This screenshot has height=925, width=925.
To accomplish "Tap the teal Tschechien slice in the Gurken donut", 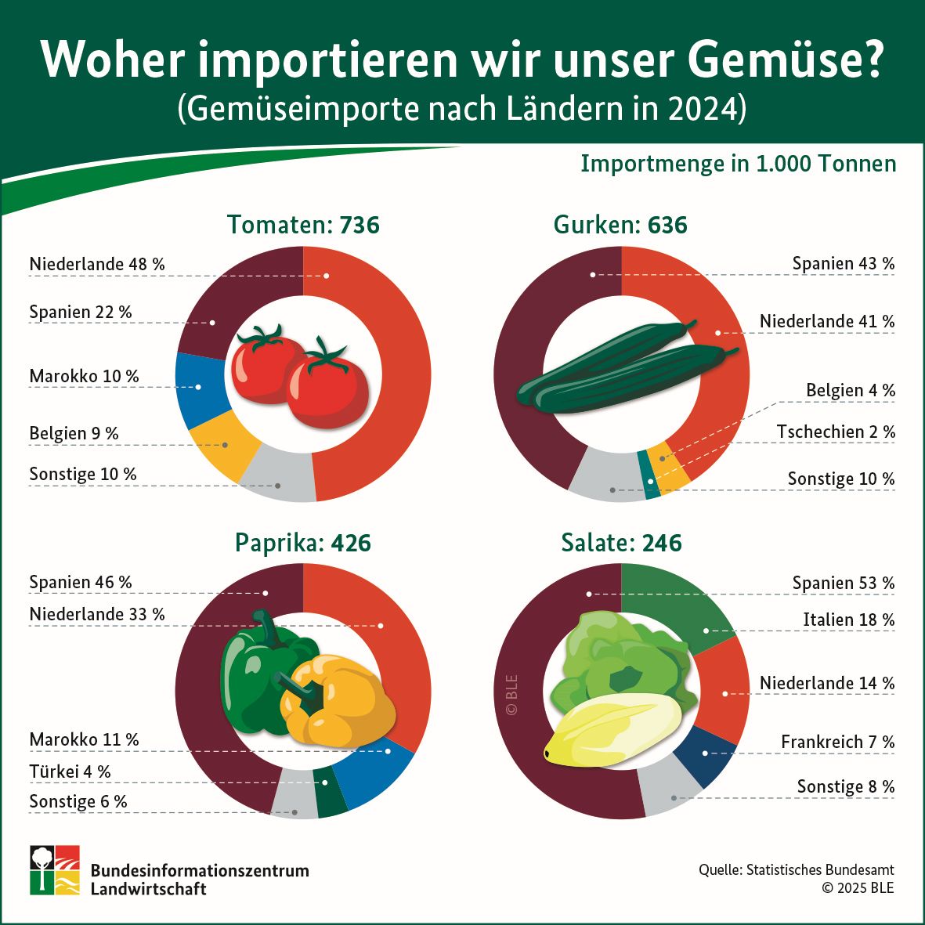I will coord(649,474).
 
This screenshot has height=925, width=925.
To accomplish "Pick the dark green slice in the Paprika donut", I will coord(330,797).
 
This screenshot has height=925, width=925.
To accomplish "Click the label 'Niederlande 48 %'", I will coord(97,265).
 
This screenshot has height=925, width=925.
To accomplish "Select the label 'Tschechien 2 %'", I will coord(836,432).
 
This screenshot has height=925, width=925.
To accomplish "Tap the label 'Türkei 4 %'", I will coord(70,771).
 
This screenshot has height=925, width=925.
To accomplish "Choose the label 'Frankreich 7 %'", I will coord(837,742).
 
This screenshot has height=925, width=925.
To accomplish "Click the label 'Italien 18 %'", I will coord(848,620).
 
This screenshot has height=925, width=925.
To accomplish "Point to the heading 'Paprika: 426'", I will coord(303,543).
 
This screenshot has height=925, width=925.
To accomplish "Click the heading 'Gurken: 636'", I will coord(620,226).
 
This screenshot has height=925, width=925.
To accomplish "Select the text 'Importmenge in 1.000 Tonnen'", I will coord(738,164).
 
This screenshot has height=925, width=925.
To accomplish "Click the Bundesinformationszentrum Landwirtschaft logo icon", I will coord(55,869).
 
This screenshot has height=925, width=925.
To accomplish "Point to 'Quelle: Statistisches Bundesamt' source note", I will coord(796,870).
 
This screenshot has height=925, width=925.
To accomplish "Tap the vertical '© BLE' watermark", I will coord(512,695).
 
